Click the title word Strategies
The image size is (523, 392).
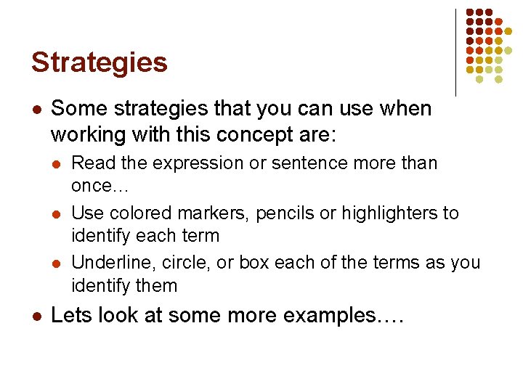click(x=99, y=62)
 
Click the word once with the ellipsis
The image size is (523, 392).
click(x=99, y=186)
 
